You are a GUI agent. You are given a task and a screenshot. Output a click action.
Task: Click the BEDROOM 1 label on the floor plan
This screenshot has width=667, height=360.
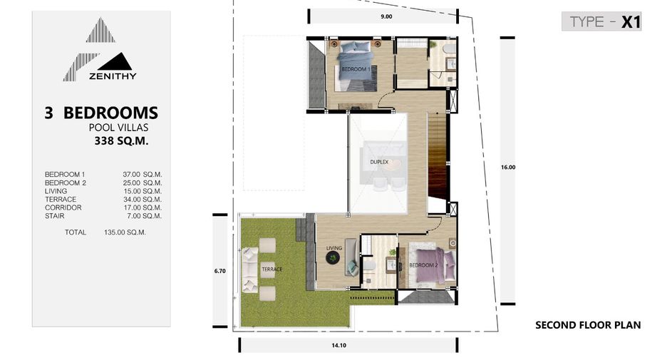click(356, 69)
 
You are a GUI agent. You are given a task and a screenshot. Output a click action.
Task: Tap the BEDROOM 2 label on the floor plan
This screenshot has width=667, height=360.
click(423, 265)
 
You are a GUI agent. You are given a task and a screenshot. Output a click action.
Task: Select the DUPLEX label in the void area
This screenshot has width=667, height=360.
click(379, 162)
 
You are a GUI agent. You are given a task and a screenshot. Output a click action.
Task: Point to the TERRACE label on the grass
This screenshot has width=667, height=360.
click(272, 269)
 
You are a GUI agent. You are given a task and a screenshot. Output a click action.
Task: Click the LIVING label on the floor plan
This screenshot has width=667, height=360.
click(334, 248)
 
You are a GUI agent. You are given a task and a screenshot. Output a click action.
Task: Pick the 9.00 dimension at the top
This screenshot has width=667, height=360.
click(386, 16)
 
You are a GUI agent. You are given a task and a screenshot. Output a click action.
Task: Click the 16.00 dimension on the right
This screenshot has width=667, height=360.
click(508, 168)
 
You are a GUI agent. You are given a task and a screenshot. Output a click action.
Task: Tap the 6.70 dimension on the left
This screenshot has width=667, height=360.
click(220, 271)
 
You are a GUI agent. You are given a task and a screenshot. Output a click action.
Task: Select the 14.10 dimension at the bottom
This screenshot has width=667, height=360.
click(339, 346)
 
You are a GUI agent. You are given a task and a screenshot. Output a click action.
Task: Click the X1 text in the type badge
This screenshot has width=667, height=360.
click(631, 22)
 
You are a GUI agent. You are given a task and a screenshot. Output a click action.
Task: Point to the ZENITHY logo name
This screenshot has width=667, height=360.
click(113, 76)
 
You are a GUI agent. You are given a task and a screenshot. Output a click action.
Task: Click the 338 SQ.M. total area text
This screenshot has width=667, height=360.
click(121, 141)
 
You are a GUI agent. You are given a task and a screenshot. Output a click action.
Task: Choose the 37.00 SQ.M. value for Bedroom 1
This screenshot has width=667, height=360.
click(142, 175)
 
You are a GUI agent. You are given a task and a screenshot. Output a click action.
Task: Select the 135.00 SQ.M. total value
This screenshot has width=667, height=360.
click(125, 232)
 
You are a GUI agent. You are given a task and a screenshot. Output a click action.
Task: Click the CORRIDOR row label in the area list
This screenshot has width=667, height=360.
click(63, 207)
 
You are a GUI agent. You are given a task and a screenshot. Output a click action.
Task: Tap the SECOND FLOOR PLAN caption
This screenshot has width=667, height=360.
click(588, 325)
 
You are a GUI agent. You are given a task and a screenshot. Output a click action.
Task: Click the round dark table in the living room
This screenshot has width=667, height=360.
click(333, 257)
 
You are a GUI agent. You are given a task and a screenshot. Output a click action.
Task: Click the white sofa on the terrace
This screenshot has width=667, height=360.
click(249, 269)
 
